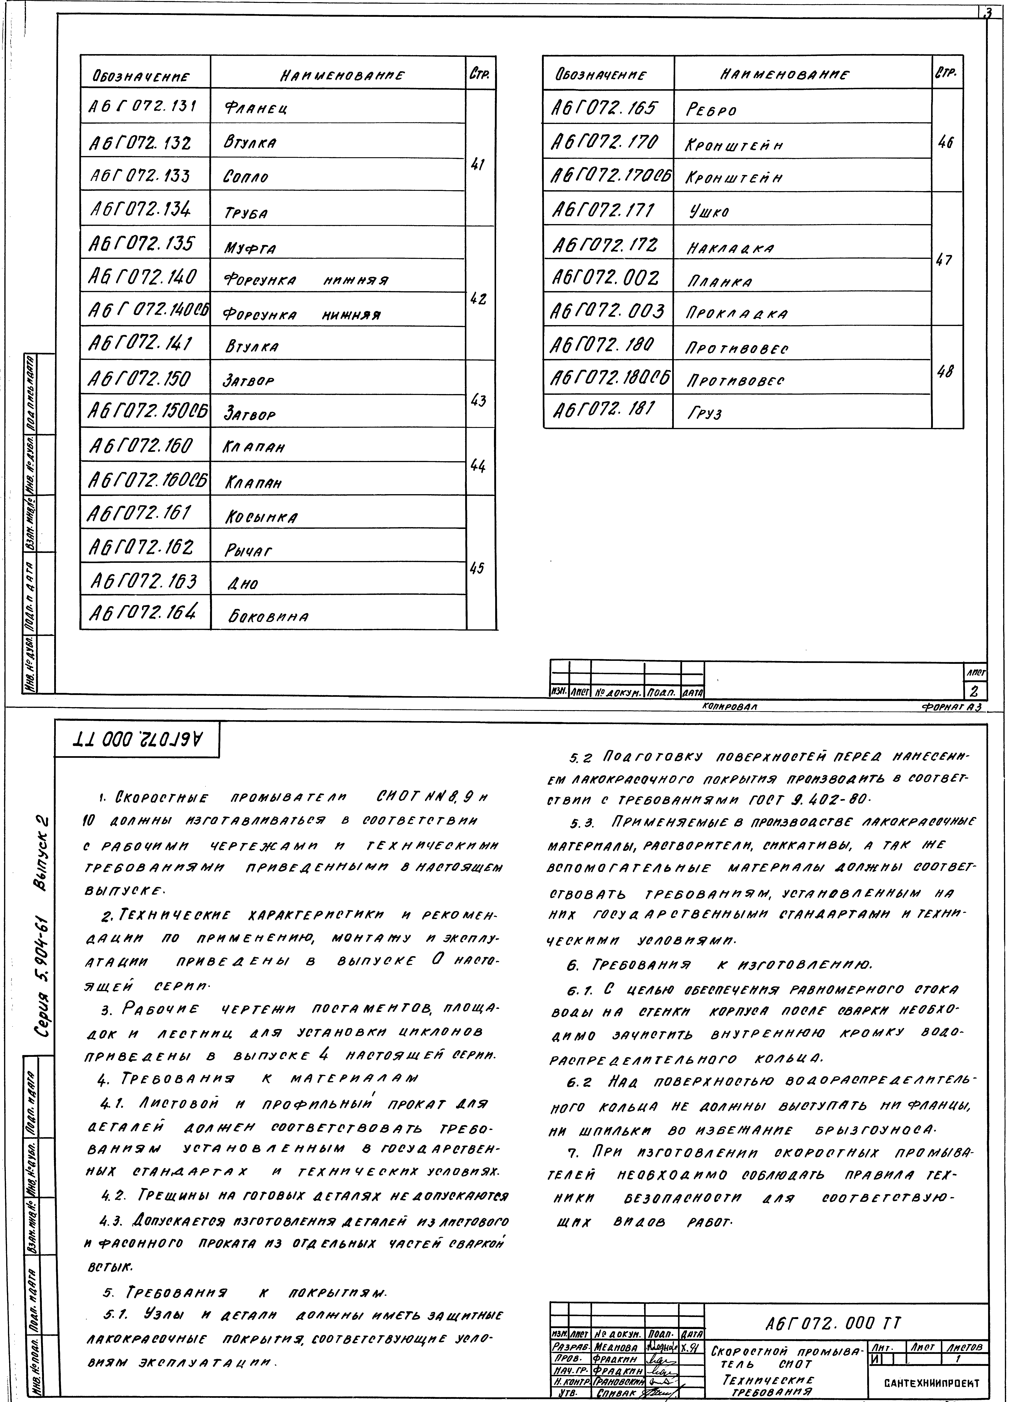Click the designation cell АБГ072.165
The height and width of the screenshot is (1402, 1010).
tap(603, 109)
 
